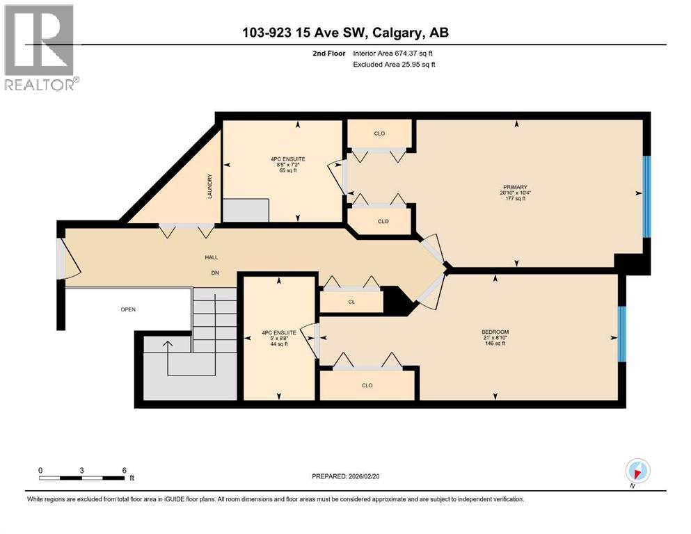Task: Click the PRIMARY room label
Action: (516, 187)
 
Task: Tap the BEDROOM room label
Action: (495, 332)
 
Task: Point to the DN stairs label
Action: (216, 273)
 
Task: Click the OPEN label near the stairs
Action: (127, 309)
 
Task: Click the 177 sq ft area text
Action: (516, 198)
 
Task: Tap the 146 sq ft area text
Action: (495, 343)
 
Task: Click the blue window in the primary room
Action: (646, 196)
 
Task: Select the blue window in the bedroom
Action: (622, 334)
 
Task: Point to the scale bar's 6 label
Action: (124, 470)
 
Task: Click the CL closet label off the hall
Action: (351, 302)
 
